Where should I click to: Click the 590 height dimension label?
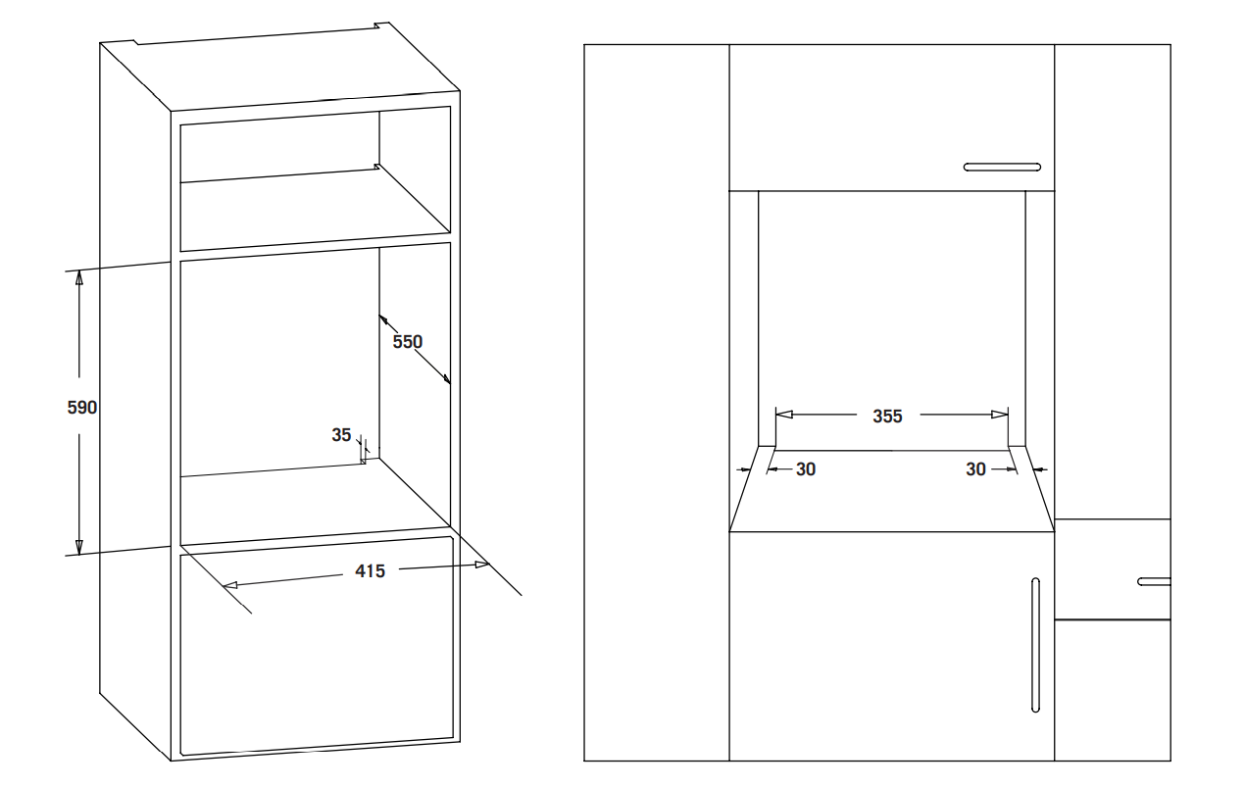point(82,408)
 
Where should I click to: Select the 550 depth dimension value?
point(408,342)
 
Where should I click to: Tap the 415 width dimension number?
point(370,571)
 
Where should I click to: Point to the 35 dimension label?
point(341,435)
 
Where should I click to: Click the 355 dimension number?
point(887,417)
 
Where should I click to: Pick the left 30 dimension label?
point(806,469)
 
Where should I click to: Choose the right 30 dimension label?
point(975,469)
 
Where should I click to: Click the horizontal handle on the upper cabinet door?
point(1003,168)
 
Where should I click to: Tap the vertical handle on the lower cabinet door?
point(1035,645)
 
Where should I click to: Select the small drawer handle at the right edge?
point(1154,581)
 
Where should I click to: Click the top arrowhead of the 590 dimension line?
point(78,277)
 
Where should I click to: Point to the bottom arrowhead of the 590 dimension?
point(78,547)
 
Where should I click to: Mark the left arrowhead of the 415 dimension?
point(230,585)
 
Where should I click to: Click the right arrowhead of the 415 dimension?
point(481,565)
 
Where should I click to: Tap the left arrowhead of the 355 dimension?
point(783,415)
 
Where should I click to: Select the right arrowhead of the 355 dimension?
point(1000,415)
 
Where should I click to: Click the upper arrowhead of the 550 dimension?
point(383,320)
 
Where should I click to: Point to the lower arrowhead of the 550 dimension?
point(445,378)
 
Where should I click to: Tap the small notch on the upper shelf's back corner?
point(377,166)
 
